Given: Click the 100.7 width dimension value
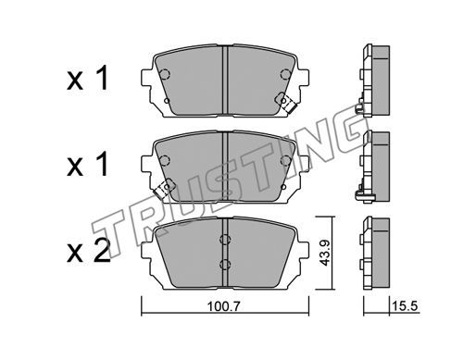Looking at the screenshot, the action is tap(223, 307).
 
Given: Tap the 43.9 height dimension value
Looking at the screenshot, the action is tap(325, 254).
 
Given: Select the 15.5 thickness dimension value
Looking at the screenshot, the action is tap(405, 306).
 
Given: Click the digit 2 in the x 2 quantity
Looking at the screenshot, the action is tap(100, 250).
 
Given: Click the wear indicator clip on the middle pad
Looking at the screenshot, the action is tap(165, 189).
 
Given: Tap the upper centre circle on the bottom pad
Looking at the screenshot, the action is tap(225, 240).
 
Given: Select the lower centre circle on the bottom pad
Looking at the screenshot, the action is tap(225, 264).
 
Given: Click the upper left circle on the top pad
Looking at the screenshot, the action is tap(165, 74).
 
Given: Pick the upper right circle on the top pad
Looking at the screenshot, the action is tap(285, 74).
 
